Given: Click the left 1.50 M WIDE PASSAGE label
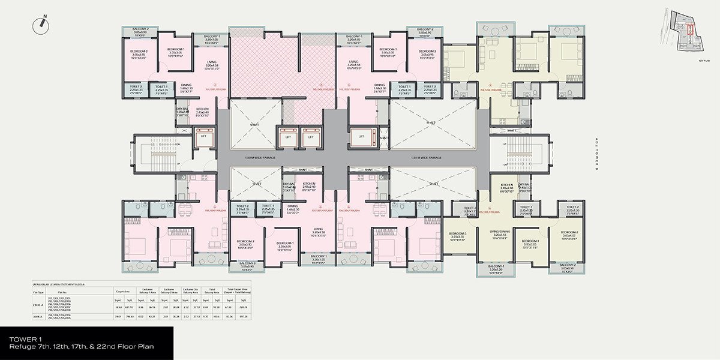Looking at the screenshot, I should (259, 158).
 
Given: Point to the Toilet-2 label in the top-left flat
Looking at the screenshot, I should (136, 88).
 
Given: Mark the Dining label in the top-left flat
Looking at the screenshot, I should (186, 87).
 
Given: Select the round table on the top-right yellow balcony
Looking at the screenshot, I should (495, 31).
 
